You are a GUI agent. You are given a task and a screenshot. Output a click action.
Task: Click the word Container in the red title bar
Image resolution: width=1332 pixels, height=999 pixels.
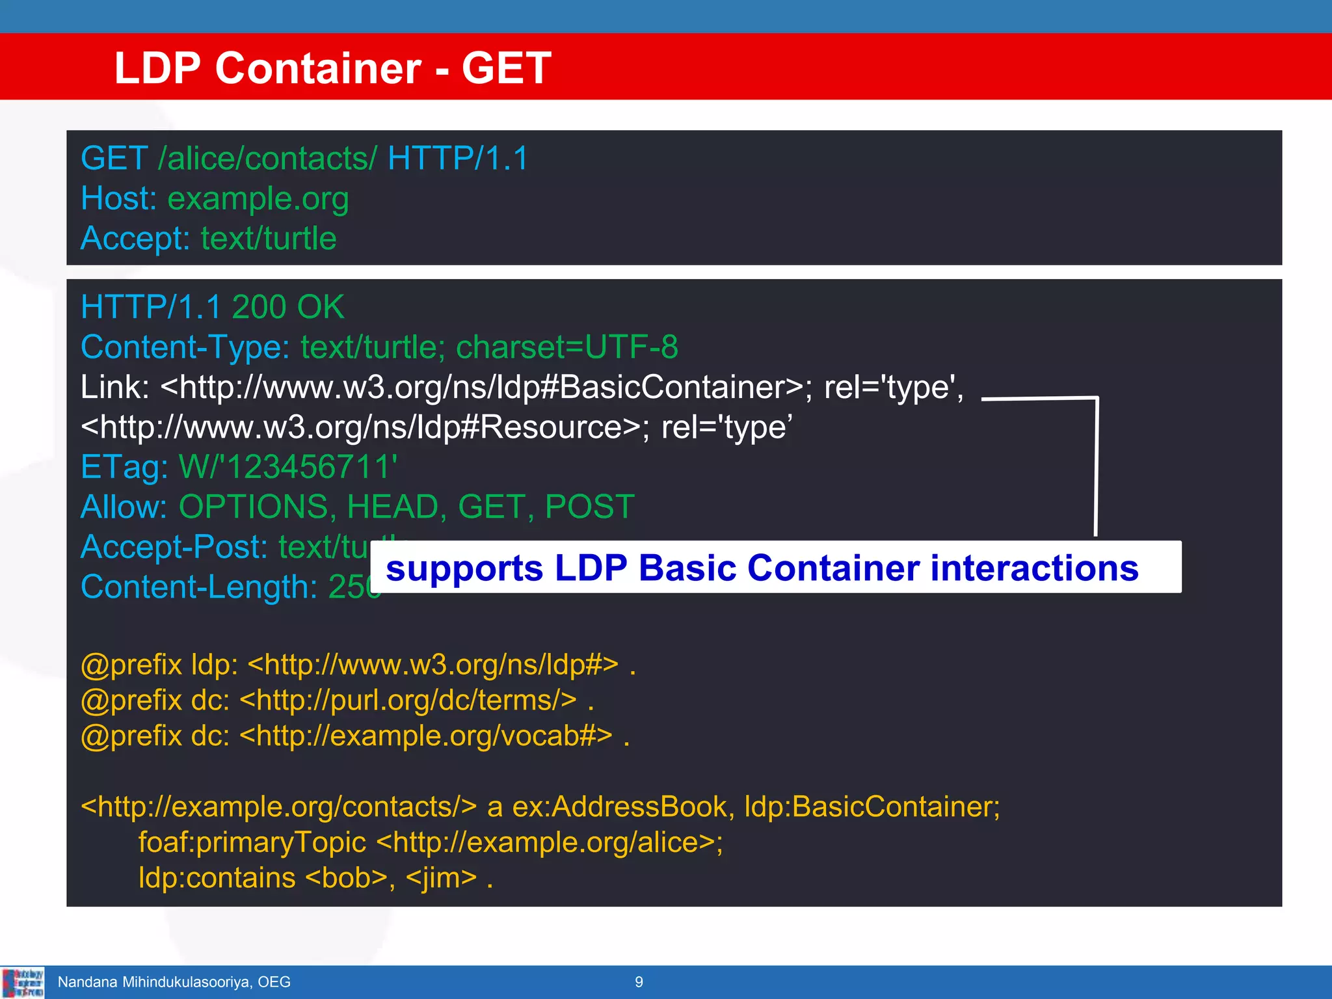(318, 68)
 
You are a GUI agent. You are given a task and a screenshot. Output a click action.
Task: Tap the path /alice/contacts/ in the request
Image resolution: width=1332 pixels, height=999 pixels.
(267, 159)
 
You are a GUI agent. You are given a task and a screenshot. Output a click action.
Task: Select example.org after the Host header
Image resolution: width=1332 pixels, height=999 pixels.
(258, 198)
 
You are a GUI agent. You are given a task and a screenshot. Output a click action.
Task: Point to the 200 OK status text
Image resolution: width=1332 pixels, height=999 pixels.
(287, 307)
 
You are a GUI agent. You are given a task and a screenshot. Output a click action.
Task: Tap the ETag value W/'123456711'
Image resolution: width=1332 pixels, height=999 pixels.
(288, 467)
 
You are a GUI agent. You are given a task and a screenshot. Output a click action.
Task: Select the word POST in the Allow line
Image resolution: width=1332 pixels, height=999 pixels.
(589, 507)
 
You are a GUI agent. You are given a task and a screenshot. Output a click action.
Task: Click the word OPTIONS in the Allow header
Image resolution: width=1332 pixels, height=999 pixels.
(257, 507)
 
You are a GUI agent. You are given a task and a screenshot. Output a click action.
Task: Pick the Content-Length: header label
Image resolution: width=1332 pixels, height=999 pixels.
(199, 587)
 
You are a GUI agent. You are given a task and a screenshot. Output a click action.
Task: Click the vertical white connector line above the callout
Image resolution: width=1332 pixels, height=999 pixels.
(1097, 468)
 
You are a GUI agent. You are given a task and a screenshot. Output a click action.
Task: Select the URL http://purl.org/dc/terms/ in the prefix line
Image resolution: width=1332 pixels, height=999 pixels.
(408, 700)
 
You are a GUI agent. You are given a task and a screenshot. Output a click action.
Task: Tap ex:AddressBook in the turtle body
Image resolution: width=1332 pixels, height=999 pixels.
(622, 807)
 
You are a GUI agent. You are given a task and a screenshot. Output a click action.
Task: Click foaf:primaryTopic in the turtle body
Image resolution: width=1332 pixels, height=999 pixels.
(252, 843)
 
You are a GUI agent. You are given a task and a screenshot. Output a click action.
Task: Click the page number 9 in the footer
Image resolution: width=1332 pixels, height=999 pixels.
(639, 982)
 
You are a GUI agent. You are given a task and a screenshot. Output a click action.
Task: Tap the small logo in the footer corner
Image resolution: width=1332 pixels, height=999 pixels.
(23, 982)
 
